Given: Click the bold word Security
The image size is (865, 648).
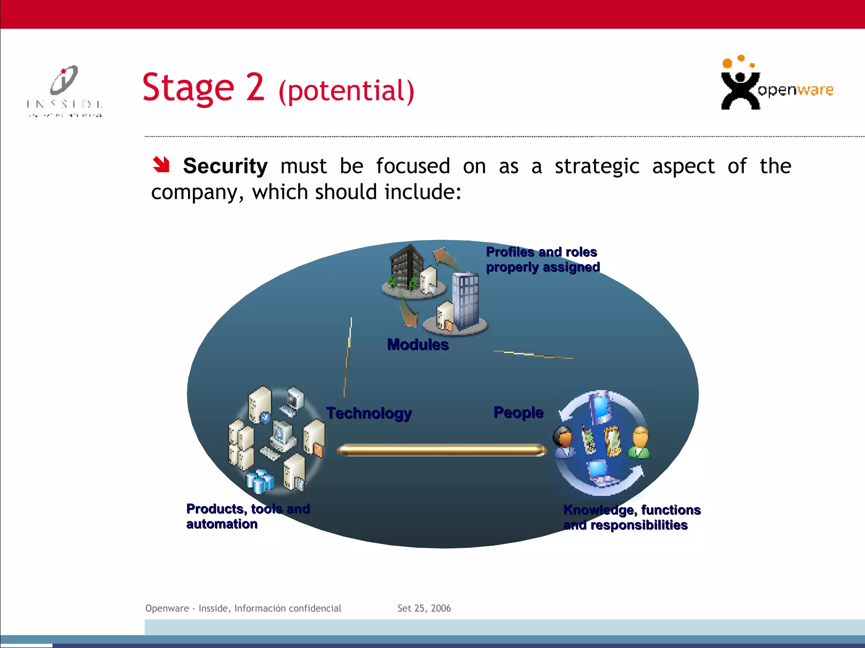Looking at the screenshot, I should point(225,166).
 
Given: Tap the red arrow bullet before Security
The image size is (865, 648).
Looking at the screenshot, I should point(161,165).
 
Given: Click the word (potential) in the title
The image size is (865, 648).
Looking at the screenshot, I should point(346,91).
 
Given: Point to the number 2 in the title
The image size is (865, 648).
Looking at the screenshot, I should point(255,87).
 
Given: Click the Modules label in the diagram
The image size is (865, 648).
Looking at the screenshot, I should point(418,345).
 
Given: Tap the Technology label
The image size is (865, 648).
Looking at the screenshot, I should point(369,413).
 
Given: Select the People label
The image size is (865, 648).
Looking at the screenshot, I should point(518,412).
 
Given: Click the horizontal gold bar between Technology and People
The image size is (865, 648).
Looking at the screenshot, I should point(441,450).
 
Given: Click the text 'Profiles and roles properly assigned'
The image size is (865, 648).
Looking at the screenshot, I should point(542,259).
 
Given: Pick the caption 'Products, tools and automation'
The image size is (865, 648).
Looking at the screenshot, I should point(248,516).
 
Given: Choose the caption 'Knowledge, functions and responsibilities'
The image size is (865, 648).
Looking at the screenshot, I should point(631,518).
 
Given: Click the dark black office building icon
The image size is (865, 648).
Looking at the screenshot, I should point(406,267).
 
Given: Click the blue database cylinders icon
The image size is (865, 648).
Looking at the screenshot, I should point(260,481).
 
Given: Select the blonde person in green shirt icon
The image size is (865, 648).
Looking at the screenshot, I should point(640,443).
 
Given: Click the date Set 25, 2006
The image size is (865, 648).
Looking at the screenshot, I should point(424,608).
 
